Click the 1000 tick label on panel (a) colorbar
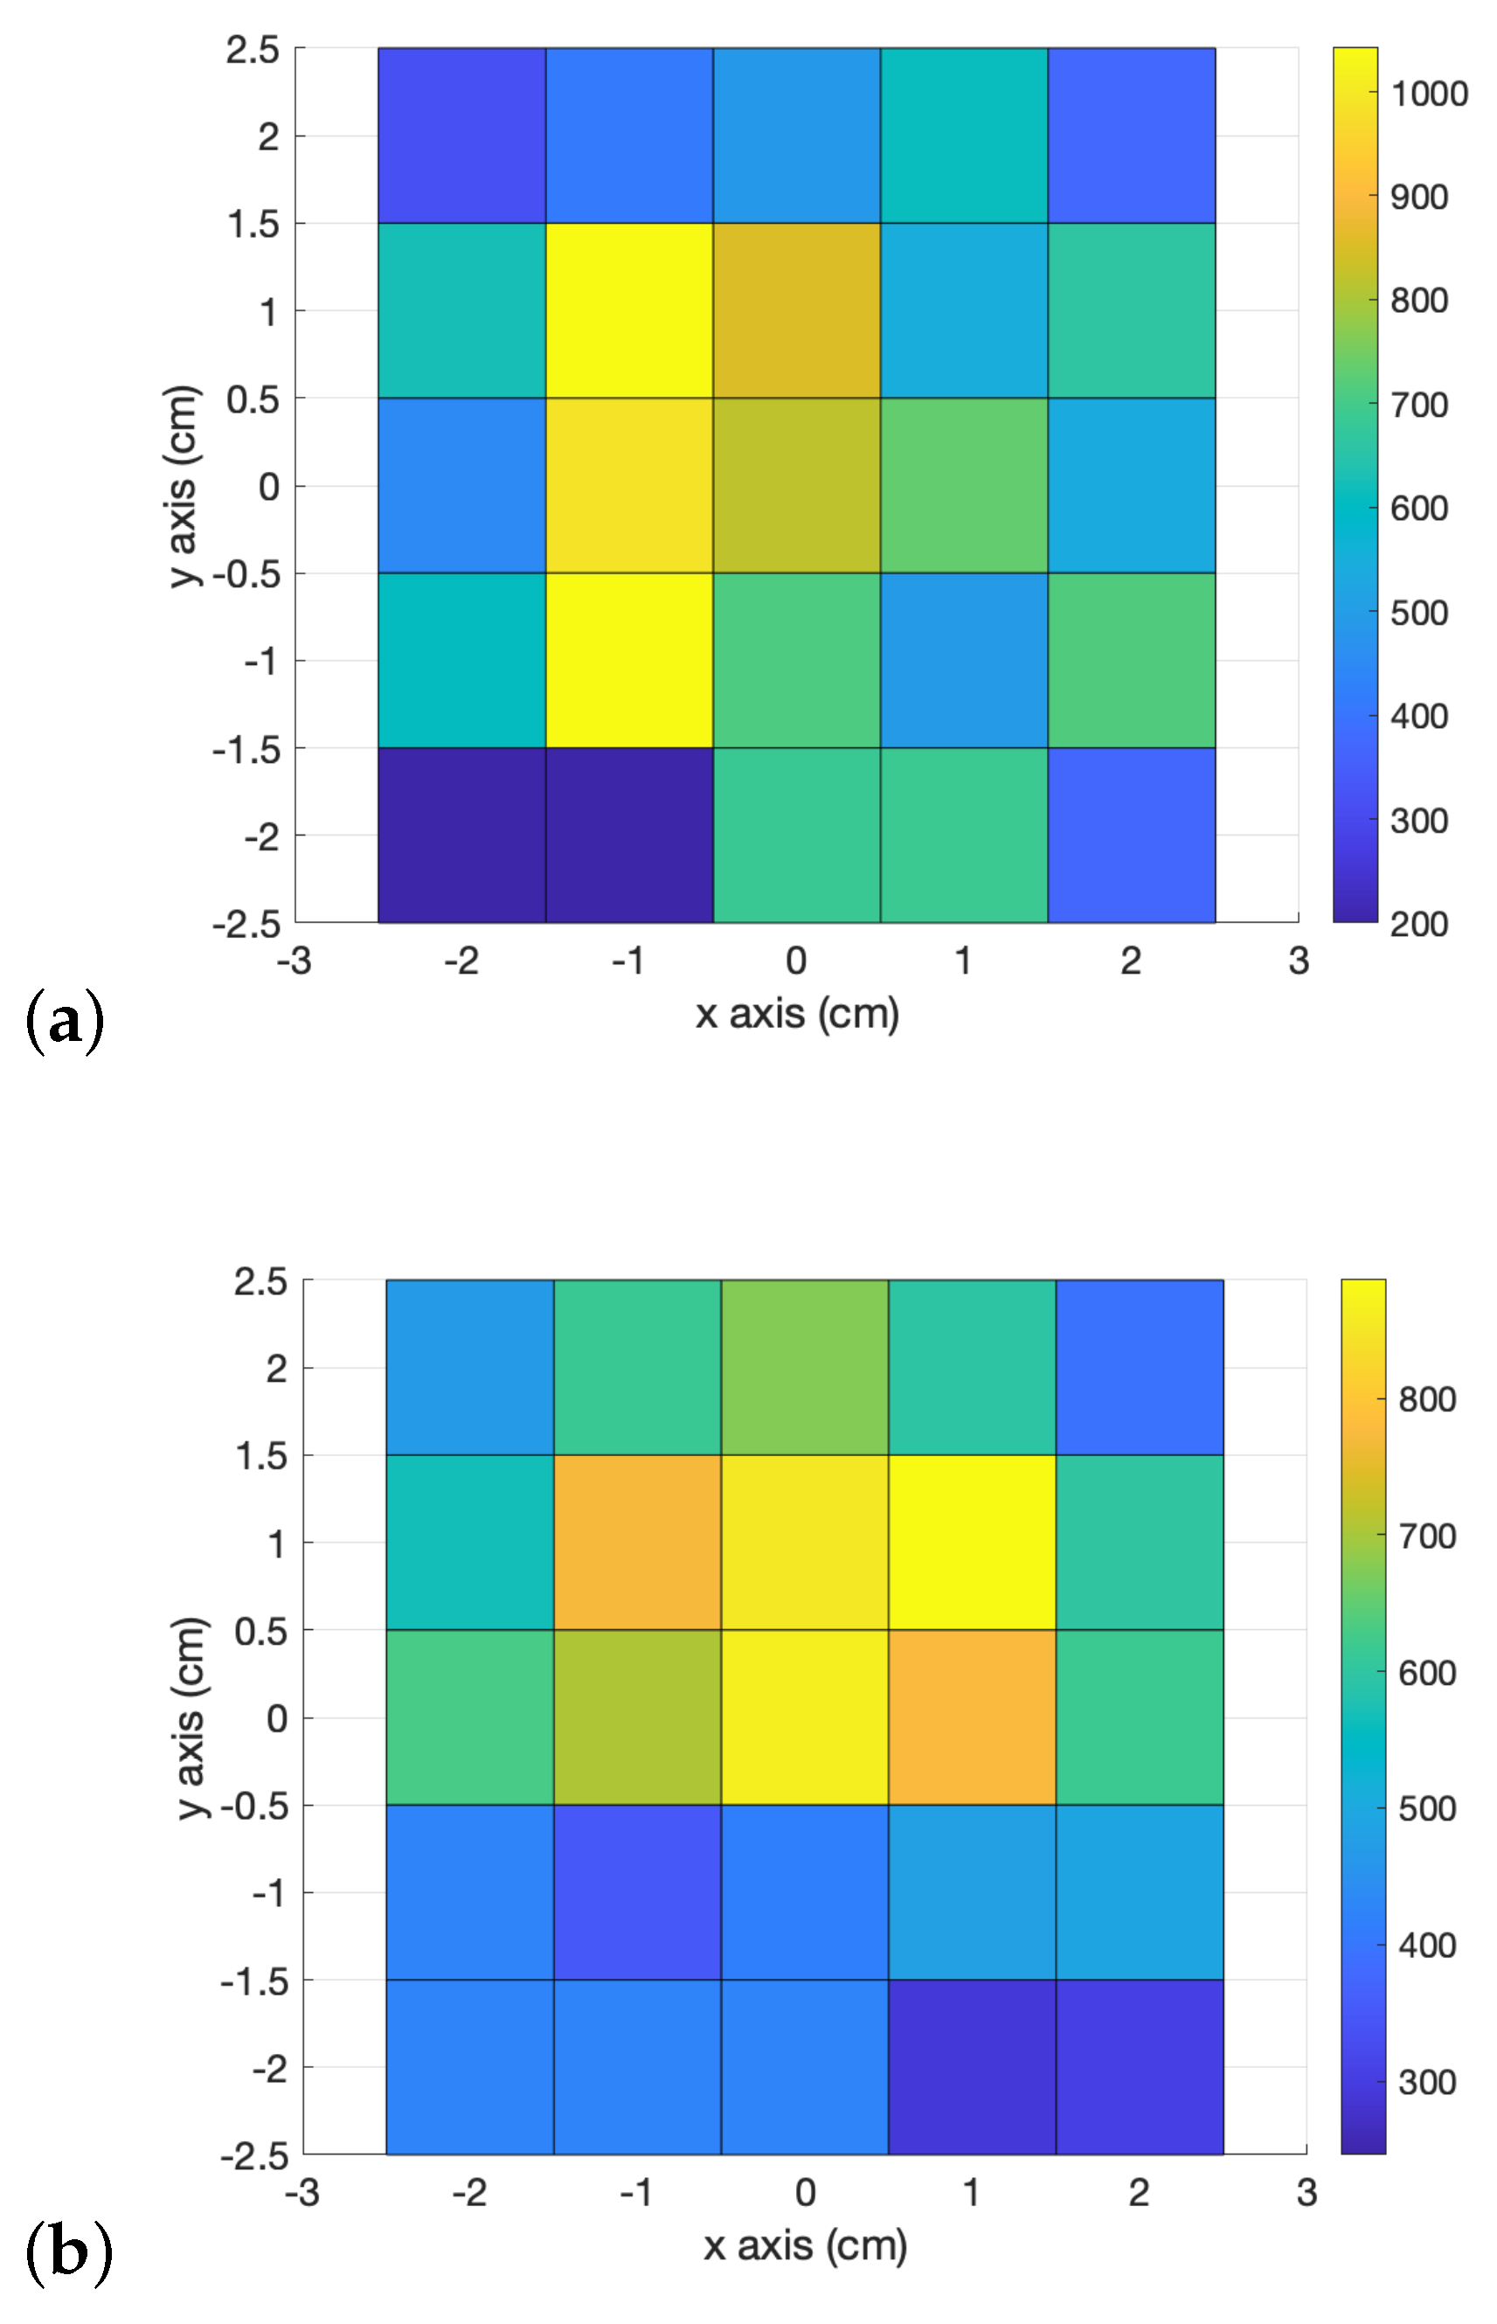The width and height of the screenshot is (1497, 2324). pyautogui.click(x=1428, y=94)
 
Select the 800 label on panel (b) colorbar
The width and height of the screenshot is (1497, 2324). pyautogui.click(x=1426, y=1399)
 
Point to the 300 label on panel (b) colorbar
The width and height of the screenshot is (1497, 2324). pyautogui.click(x=1426, y=2082)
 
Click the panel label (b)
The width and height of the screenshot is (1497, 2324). pyautogui.click(x=67, y=2251)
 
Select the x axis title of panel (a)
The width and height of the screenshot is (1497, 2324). pyautogui.click(x=797, y=1014)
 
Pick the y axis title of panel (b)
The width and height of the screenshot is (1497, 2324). pyautogui.click(x=191, y=1717)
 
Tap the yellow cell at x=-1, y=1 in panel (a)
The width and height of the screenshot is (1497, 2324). pyautogui.click(x=629, y=310)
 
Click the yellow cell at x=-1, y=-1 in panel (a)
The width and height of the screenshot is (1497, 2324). pyautogui.click(x=629, y=660)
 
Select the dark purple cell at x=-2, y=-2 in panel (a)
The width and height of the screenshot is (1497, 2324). pyautogui.click(x=461, y=835)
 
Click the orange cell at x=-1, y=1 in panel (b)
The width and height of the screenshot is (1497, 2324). pyautogui.click(x=637, y=1543)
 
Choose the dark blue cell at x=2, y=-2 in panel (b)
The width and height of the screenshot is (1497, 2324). pyautogui.click(x=1139, y=2067)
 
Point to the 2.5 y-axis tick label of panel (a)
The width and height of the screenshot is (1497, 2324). pyautogui.click(x=253, y=50)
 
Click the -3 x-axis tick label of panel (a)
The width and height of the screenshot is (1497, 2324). pyautogui.click(x=294, y=961)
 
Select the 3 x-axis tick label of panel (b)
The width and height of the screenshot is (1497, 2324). pyautogui.click(x=1306, y=2193)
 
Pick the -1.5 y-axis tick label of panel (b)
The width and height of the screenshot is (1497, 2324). pyautogui.click(x=254, y=1981)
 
